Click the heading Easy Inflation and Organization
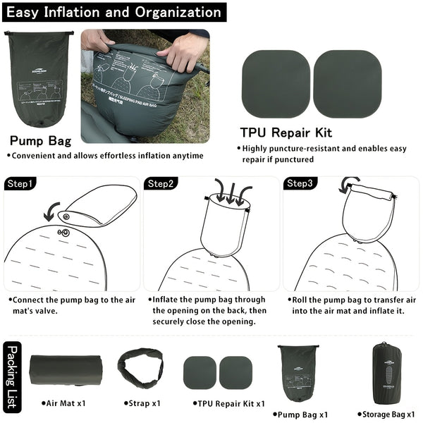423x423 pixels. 113,12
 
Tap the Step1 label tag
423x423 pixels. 20,184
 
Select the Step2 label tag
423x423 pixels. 161,184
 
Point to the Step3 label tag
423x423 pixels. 300,184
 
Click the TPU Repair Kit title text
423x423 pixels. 286,133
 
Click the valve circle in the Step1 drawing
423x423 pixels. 65,233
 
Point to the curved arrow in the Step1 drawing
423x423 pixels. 51,209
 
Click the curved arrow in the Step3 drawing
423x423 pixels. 345,185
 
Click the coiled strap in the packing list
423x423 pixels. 141,367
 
